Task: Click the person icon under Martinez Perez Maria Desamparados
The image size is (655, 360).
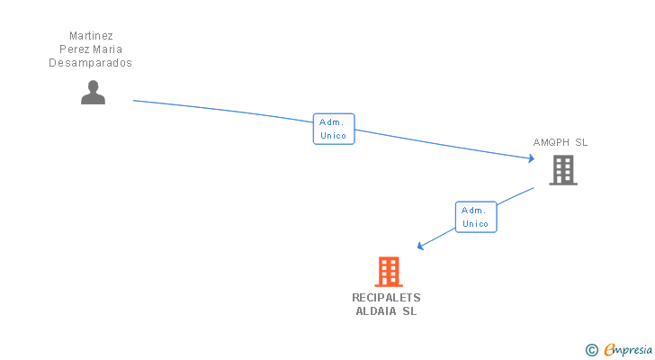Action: (93, 93)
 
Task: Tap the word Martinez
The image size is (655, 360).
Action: (91, 36)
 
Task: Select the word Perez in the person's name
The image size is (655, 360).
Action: (74, 49)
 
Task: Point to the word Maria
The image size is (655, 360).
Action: (106, 49)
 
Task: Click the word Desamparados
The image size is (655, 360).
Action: (90, 63)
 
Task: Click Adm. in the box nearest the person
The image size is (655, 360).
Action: (334, 122)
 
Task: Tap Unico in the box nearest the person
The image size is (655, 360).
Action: (334, 136)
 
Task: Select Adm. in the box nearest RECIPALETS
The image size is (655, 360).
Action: (475, 210)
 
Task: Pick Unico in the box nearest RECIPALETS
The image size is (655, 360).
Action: (475, 223)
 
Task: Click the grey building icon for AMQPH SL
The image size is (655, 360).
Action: (563, 169)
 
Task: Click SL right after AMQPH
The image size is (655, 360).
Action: (581, 142)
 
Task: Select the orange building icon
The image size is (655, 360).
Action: (388, 271)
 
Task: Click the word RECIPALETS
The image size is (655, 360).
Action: (386, 298)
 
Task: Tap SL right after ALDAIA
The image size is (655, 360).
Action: (409, 311)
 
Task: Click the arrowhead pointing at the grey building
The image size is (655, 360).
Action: (531, 159)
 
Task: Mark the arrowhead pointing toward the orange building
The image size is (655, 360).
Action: (419, 246)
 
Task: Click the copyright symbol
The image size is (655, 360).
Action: (591, 350)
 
